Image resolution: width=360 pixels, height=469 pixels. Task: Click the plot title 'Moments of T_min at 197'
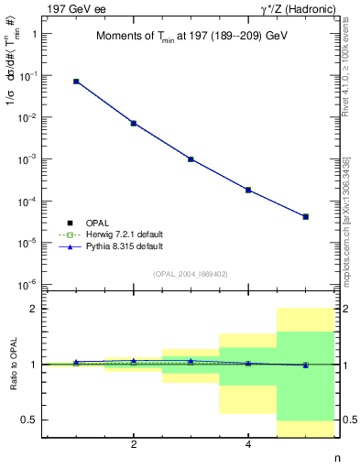pyautogui.click(x=191, y=37)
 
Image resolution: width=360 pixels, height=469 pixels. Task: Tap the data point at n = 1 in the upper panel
pyautogui.click(x=76, y=82)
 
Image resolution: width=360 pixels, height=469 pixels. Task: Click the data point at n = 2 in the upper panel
pyautogui.click(x=134, y=123)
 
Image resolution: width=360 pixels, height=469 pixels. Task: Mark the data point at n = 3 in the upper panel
pyautogui.click(x=191, y=159)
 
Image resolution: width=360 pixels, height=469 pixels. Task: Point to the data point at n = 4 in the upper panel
pyautogui.click(x=248, y=190)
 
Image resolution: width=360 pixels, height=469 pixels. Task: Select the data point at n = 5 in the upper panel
pyautogui.click(x=305, y=217)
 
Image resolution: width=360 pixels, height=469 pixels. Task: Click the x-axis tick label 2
pyautogui.click(x=134, y=445)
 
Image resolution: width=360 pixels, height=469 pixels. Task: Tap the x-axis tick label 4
pyautogui.click(x=248, y=445)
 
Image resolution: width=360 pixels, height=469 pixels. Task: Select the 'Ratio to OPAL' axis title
pyautogui.click(x=12, y=365)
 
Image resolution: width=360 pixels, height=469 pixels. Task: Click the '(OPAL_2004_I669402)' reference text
pyautogui.click(x=191, y=273)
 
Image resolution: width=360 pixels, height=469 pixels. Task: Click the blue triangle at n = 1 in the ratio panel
pyautogui.click(x=76, y=362)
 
